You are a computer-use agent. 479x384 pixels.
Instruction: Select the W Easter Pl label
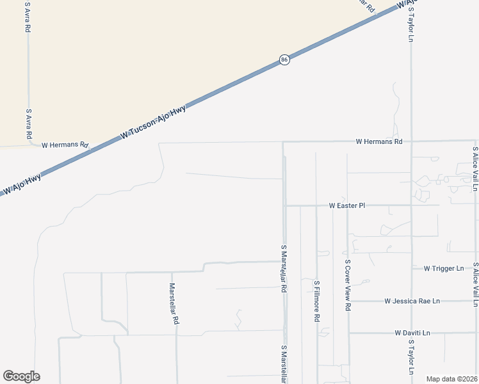click(346, 206)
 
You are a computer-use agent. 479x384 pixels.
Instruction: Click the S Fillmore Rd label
click(316, 300)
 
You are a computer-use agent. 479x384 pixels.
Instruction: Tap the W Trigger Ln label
click(443, 268)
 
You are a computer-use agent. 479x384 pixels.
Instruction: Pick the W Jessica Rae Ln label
click(412, 301)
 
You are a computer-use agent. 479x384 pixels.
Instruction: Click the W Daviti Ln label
click(412, 333)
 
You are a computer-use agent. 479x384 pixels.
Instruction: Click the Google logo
click(21, 376)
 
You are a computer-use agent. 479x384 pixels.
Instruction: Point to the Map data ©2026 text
click(451, 379)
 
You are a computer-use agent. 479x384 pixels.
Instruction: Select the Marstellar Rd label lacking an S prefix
click(173, 304)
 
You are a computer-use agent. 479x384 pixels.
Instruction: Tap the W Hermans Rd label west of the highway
click(65, 145)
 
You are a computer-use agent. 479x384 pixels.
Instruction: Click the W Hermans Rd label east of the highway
click(379, 141)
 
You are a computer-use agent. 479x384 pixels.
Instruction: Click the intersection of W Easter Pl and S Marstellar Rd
click(285, 206)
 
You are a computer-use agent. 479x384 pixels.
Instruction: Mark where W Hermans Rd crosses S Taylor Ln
click(411, 141)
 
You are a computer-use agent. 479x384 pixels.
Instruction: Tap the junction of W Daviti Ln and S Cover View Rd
click(348, 333)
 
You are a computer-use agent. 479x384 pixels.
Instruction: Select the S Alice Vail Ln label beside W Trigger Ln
click(475, 280)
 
